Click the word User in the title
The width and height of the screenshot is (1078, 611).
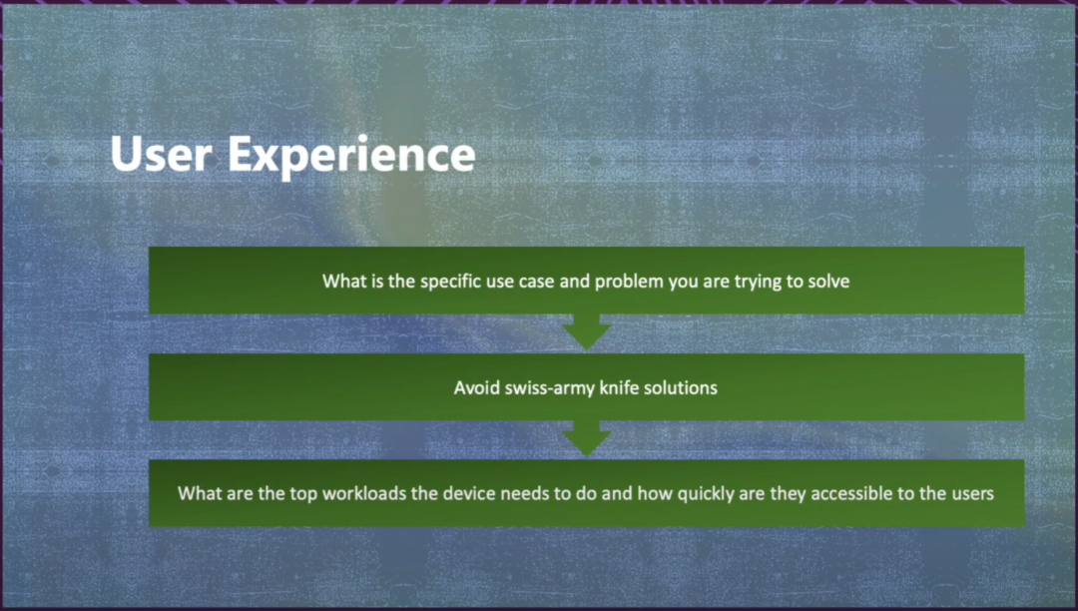[x=161, y=154]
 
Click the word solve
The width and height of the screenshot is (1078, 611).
[x=829, y=282]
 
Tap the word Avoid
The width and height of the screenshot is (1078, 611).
[x=477, y=387]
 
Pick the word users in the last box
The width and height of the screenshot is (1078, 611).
[x=973, y=494]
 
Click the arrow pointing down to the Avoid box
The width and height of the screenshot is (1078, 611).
[x=587, y=332]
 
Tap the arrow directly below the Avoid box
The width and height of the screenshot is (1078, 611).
[x=587, y=438]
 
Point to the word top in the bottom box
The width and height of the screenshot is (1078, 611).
[x=303, y=494]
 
